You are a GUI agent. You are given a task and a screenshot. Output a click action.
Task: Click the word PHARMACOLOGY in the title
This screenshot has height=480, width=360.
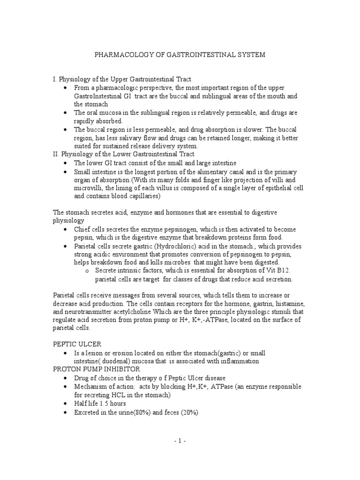(125, 55)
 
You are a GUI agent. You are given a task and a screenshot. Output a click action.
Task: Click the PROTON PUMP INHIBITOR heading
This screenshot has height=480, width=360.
(96, 369)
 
